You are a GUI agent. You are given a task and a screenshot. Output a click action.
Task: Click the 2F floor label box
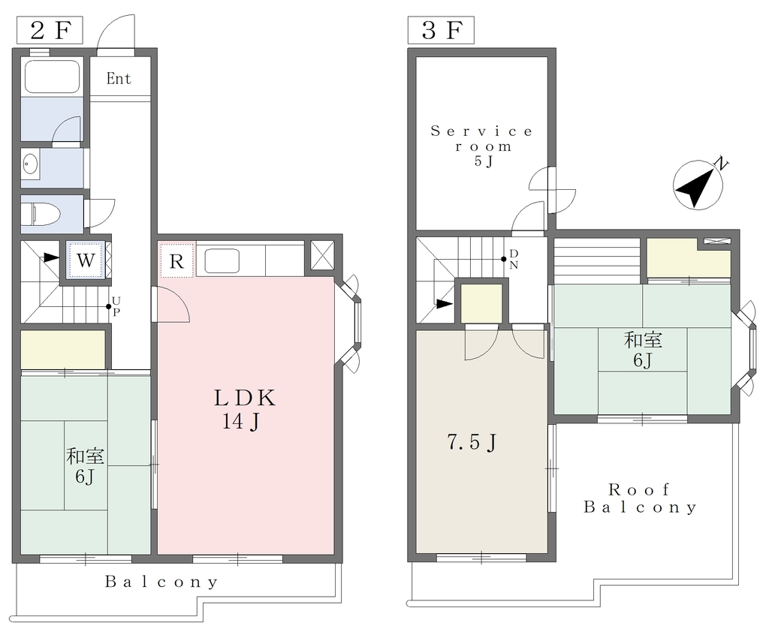click(x=50, y=30)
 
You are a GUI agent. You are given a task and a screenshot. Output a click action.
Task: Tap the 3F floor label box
click(x=441, y=30)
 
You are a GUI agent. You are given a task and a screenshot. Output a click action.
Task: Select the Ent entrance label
click(x=119, y=79)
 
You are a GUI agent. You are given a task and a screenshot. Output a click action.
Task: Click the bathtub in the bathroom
click(x=52, y=76)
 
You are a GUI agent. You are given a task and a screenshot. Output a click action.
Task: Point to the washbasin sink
click(x=30, y=164)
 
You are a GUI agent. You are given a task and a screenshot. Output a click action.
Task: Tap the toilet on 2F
click(x=42, y=214)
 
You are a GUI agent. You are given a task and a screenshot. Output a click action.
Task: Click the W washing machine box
click(x=86, y=260)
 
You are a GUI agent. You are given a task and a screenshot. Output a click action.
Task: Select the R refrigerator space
click(x=176, y=260)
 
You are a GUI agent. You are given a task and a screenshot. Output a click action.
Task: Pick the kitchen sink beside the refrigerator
click(x=222, y=261)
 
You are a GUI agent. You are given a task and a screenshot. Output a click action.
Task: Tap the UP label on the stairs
click(x=116, y=306)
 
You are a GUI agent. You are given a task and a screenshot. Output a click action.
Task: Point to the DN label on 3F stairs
click(x=514, y=259)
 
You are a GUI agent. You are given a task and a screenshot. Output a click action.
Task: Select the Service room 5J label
click(x=481, y=146)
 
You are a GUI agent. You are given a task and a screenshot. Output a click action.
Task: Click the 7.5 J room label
click(x=472, y=442)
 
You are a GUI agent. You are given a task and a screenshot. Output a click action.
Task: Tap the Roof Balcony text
click(x=640, y=498)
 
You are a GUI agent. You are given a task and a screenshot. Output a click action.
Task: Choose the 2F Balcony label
click(x=161, y=582)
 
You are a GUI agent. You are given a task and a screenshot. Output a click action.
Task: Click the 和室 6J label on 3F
click(x=643, y=350)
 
